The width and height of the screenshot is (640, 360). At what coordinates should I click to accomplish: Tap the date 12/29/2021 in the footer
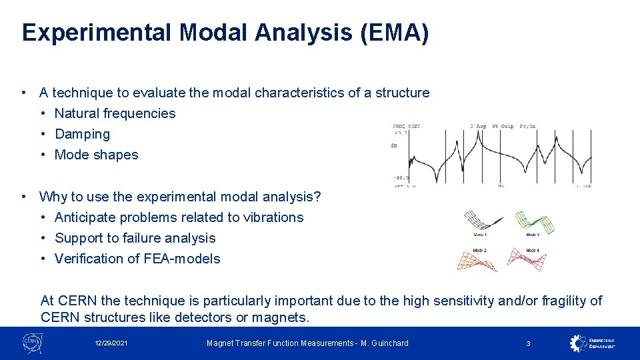111,343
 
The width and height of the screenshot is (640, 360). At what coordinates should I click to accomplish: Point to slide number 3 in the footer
528,343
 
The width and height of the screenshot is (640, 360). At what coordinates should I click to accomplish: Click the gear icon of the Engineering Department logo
578,343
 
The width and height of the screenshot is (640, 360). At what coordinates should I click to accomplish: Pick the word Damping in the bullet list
82,134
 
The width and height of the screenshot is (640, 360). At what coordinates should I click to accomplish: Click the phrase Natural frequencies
115,113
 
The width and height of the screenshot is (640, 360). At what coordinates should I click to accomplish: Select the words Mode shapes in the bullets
96,155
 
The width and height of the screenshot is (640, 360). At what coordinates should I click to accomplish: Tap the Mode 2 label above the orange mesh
479,250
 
